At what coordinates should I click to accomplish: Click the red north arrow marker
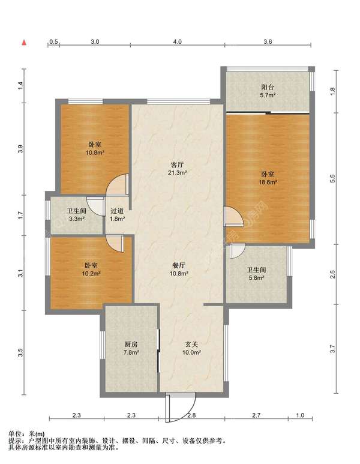[x=25, y=42]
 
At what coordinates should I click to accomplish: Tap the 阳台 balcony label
[x=268, y=87]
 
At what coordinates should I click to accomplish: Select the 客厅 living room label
[x=177, y=165]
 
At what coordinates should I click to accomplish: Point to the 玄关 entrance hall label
[x=191, y=345]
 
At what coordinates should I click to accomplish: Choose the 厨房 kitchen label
[x=131, y=345]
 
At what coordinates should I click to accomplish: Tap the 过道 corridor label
[x=117, y=211]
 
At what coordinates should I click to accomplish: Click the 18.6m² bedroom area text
[x=268, y=182]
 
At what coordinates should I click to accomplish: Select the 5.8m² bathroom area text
[x=256, y=278]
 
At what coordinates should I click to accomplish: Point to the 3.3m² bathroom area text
[x=77, y=219]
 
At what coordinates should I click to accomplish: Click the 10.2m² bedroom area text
[x=91, y=274]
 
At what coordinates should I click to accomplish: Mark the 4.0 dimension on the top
[x=177, y=42]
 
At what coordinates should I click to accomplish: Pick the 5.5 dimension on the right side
[x=332, y=178]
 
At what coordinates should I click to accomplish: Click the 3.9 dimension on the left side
[x=20, y=149]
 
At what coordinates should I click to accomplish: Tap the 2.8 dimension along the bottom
[x=191, y=415]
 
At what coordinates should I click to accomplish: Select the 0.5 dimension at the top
[x=53, y=42]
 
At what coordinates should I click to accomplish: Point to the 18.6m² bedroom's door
[x=233, y=217]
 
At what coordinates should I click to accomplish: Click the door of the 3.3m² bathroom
[x=95, y=206]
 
